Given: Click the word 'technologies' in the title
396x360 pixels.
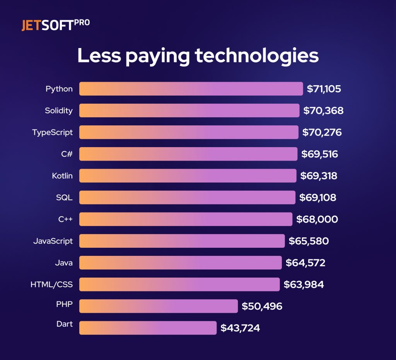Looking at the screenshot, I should (x=257, y=56).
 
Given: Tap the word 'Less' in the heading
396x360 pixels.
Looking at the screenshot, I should (x=99, y=56).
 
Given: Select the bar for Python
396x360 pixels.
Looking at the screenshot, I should (x=191, y=89).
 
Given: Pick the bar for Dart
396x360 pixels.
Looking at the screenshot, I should (x=148, y=328).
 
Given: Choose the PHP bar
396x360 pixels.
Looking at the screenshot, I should (x=159, y=306).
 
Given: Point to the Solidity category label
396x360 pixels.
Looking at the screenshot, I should (x=59, y=111).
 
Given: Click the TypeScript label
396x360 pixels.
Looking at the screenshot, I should (x=52, y=132).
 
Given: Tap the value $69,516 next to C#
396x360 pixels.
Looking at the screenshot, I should (x=320, y=154).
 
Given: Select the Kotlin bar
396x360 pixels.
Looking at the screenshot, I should (x=188, y=176).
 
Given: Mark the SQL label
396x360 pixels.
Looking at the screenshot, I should (x=64, y=198).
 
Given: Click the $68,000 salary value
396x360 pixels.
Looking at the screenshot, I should (x=317, y=219).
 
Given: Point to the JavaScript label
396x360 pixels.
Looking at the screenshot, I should (x=53, y=241).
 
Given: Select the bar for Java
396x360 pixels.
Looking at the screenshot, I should (x=181, y=263).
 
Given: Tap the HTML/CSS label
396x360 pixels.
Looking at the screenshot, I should (x=51, y=285).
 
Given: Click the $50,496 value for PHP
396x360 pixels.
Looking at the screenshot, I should (x=262, y=307).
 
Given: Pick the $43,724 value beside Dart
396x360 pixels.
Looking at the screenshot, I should (x=240, y=328).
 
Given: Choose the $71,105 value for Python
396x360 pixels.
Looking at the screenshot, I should (x=324, y=89).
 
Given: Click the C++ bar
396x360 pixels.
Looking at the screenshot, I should (x=186, y=219).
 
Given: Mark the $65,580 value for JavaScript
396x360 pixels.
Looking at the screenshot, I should (x=309, y=241).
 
